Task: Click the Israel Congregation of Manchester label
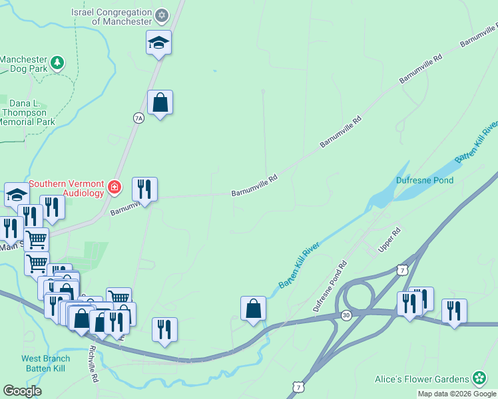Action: coord(112,17)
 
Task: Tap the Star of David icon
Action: coord(161,15)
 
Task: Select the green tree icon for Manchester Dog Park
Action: coord(58,63)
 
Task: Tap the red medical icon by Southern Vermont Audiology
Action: coord(115,188)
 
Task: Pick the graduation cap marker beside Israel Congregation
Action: coord(159,43)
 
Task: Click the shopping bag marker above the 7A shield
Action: coord(160,103)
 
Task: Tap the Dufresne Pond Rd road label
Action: coord(330,287)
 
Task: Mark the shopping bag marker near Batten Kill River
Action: coord(253,309)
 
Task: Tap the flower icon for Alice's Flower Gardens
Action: coord(479,378)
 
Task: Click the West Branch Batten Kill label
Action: coord(45,363)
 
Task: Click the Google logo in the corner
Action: coord(22,391)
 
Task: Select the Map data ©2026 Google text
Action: coord(456,394)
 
